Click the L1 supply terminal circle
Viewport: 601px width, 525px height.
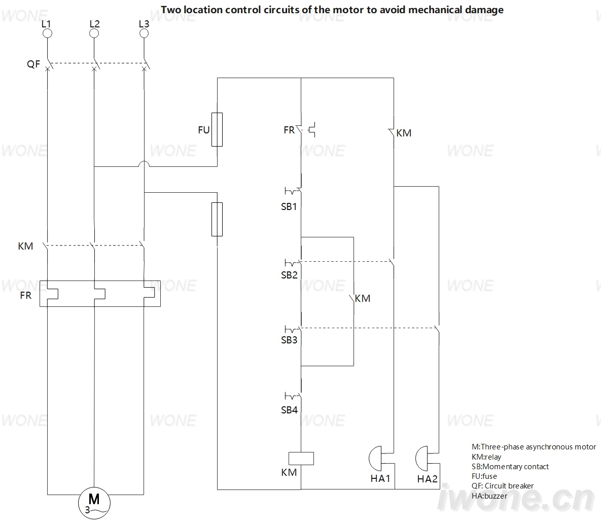[47, 33]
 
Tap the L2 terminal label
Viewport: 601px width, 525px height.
[94, 24]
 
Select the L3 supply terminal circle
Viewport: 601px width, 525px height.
[144, 33]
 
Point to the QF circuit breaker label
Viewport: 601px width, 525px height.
[33, 64]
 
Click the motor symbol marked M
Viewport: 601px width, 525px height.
[94, 503]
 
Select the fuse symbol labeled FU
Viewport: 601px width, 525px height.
[217, 129]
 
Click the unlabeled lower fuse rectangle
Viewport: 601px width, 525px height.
[217, 219]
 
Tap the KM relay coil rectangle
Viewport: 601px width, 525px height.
[301, 459]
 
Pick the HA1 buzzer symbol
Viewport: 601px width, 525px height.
[376, 459]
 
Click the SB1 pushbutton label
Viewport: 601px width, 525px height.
[289, 206]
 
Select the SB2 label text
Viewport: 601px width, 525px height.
[289, 275]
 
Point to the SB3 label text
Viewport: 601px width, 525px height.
[289, 340]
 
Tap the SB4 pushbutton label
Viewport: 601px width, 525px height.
[289, 410]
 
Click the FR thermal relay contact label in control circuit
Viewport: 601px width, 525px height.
[289, 130]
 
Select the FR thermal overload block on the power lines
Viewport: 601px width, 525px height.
[100, 294]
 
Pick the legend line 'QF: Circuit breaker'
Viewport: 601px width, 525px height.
[503, 486]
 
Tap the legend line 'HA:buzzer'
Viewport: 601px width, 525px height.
[489, 496]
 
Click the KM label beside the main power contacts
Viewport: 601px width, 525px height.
[25, 246]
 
